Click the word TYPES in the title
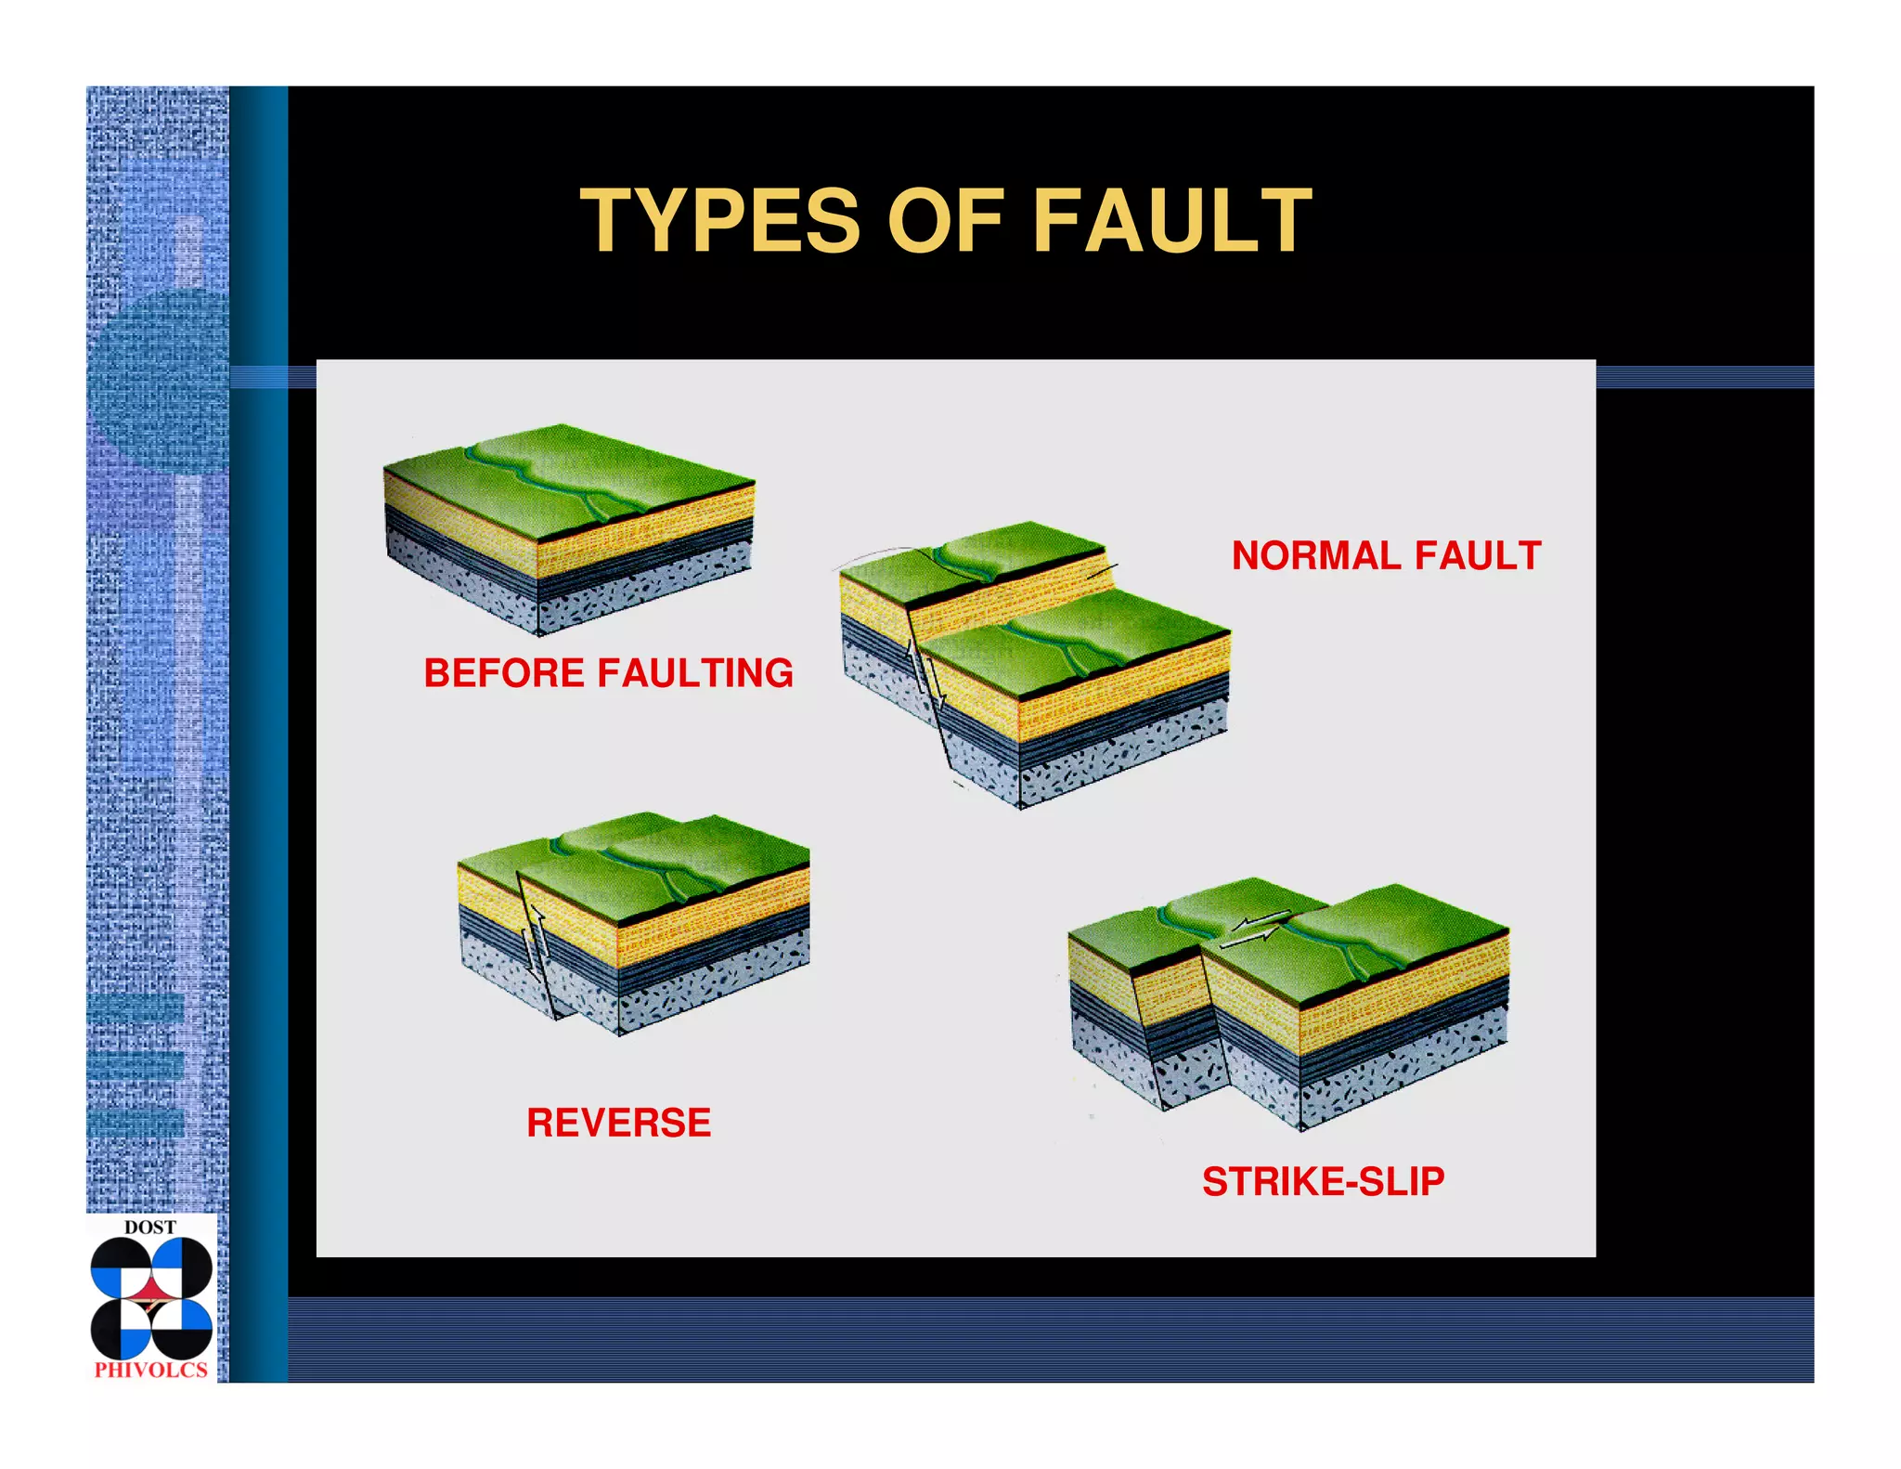click(x=719, y=221)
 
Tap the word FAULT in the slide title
click(x=1171, y=221)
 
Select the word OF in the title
click(x=946, y=221)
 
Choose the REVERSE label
click(x=618, y=1123)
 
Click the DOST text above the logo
click(x=149, y=1228)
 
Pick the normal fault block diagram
click(x=1035, y=659)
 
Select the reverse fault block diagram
click(x=633, y=919)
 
